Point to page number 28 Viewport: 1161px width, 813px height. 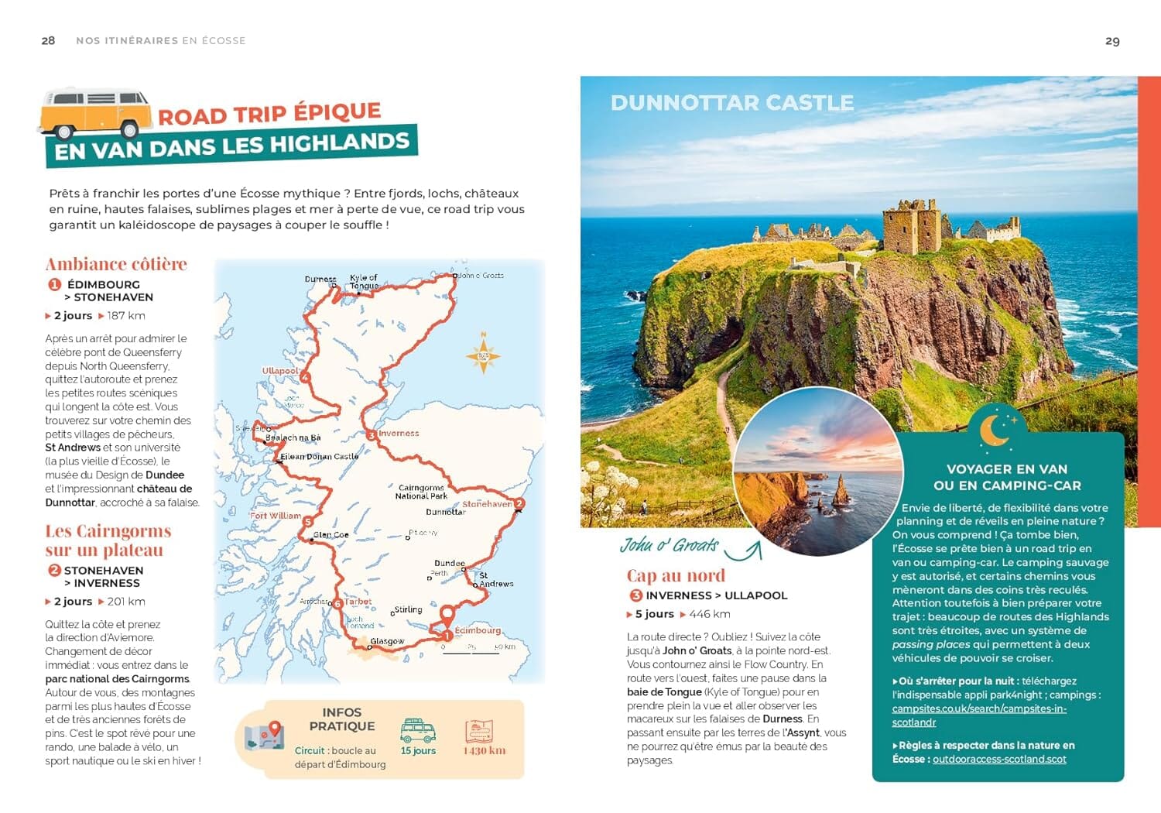[x=48, y=40]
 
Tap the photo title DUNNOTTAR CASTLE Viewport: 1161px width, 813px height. [x=731, y=103]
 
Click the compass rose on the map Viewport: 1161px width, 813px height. [x=483, y=356]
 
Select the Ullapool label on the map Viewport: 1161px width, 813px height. [x=279, y=371]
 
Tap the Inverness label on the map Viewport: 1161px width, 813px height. [x=399, y=434]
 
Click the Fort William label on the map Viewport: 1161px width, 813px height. [x=275, y=516]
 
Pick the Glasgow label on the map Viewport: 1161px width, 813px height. [x=387, y=642]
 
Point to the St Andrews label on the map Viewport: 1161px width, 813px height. [x=495, y=580]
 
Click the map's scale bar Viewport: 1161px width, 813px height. [x=472, y=650]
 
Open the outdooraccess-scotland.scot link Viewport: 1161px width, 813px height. [x=999, y=760]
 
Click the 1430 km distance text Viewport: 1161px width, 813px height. [x=485, y=751]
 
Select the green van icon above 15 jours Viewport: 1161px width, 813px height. [x=418, y=730]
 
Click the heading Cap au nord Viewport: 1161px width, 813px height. [x=676, y=575]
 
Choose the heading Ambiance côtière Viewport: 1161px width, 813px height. [x=116, y=264]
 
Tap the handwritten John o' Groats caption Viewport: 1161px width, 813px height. [x=669, y=545]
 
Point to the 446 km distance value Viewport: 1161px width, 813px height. [x=709, y=614]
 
